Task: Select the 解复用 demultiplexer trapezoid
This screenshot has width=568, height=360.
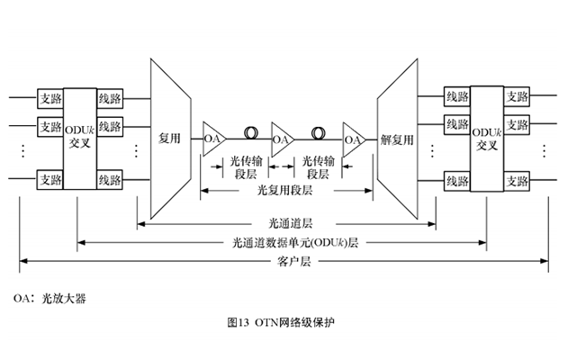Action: (x=397, y=139)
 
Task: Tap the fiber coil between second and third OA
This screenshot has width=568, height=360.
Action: (x=317, y=135)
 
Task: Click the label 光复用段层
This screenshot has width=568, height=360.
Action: (x=284, y=191)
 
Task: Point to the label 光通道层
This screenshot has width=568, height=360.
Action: (x=284, y=220)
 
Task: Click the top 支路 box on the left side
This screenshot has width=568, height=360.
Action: (x=50, y=96)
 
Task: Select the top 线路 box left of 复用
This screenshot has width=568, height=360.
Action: (x=111, y=96)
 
